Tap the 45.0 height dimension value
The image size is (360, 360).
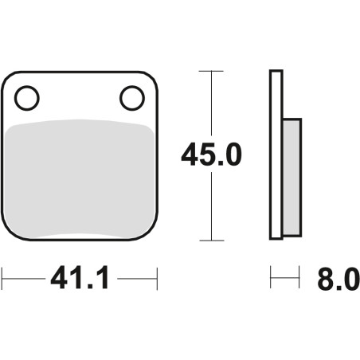tap(211, 155)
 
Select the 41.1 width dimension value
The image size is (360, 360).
tap(80, 277)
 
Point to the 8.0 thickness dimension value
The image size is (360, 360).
tap(338, 279)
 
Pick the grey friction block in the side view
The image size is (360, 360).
tap(292, 177)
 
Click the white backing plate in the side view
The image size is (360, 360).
tap(276, 155)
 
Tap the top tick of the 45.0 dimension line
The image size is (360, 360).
tap(211, 71)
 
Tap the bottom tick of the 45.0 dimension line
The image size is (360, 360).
tap(212, 241)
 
